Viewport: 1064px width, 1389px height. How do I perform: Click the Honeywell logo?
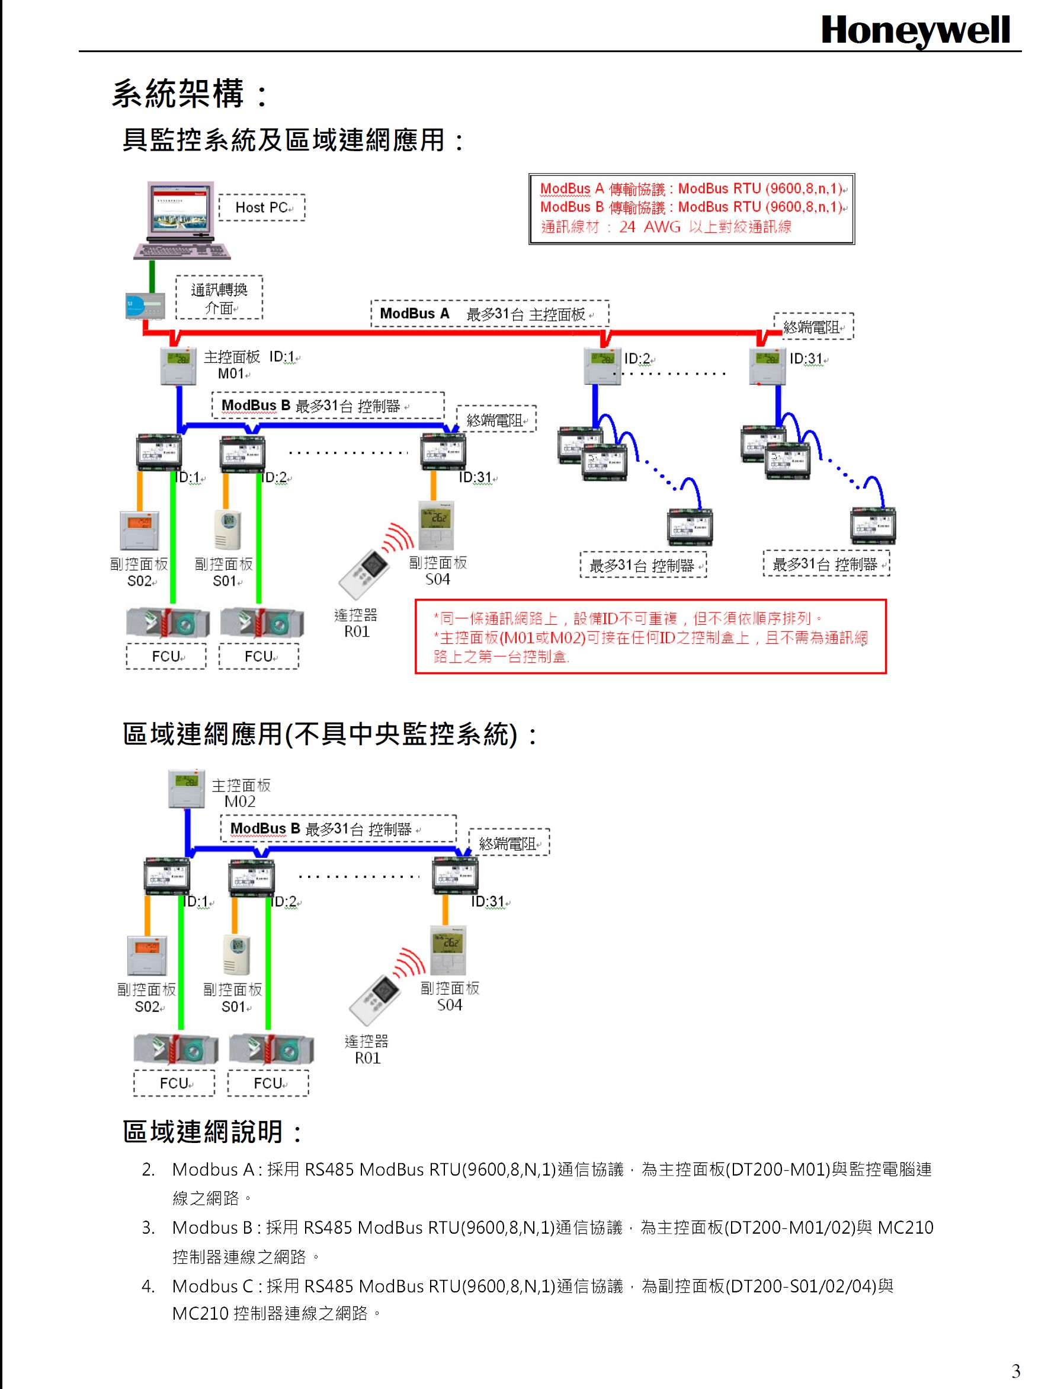(x=915, y=30)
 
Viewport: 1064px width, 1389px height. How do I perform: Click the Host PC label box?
(x=262, y=207)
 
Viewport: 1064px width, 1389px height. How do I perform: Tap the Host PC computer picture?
(x=181, y=220)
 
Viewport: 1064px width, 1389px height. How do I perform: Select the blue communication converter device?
(x=145, y=306)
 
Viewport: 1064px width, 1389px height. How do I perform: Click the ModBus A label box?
(x=489, y=314)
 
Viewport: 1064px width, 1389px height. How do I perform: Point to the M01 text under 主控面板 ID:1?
(x=231, y=374)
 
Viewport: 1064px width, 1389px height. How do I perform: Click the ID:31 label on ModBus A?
(x=806, y=359)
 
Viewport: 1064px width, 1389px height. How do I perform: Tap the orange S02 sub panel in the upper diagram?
(x=139, y=529)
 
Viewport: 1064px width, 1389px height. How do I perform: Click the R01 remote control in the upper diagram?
(x=365, y=573)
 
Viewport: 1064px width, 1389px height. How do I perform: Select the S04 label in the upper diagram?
(x=438, y=580)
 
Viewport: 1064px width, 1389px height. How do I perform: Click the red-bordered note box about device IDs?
(x=650, y=636)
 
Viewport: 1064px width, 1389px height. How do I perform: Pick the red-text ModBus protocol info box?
(x=691, y=209)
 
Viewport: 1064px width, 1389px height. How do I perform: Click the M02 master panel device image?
(x=187, y=788)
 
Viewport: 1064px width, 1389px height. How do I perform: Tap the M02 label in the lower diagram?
(x=240, y=802)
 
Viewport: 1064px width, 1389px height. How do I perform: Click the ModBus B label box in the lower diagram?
(x=338, y=829)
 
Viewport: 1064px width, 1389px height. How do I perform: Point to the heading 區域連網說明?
(x=212, y=1131)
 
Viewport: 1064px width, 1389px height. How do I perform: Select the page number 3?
(x=1016, y=1371)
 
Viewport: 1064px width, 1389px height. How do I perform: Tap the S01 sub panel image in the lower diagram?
(x=236, y=955)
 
